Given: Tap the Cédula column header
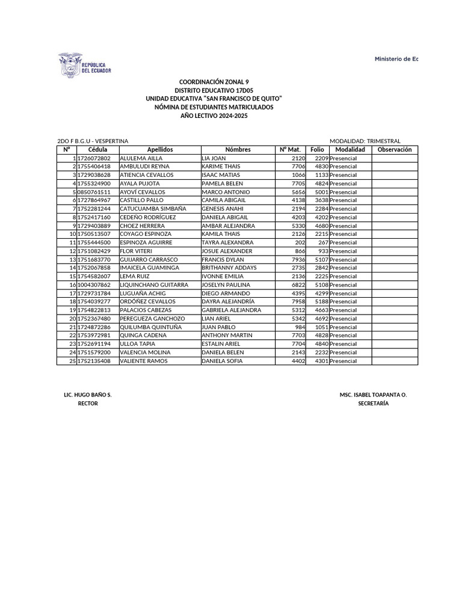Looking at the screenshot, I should pos(97,150).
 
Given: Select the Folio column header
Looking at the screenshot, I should pos(317,150).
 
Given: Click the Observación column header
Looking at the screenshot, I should pos(394,150).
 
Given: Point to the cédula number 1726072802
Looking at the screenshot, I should pos(94,158).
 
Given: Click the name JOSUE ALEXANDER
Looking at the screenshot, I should pos(227,251).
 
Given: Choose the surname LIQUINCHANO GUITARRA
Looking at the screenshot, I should pos(154,285).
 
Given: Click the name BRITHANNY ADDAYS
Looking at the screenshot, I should pos(229,268).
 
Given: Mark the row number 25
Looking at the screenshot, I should pos(72,361).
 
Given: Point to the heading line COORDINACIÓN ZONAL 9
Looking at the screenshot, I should pos(214,82).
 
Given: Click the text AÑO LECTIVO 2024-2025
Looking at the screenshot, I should pos(214,115).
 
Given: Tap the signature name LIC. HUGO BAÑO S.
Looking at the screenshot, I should pos(88,395).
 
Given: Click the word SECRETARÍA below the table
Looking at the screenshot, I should pos(373,404).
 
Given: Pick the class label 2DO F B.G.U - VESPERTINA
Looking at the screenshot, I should pos(93,141).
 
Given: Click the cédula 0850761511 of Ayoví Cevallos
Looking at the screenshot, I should pos(94,192).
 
